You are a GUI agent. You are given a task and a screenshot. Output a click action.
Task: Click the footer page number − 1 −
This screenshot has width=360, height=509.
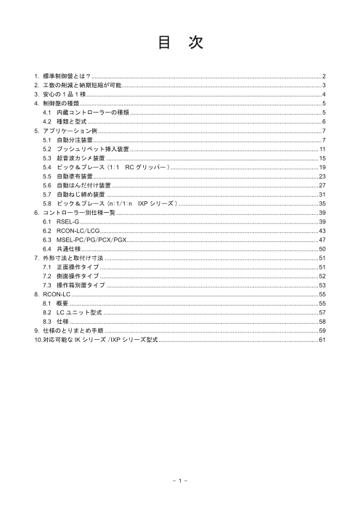click(x=179, y=480)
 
